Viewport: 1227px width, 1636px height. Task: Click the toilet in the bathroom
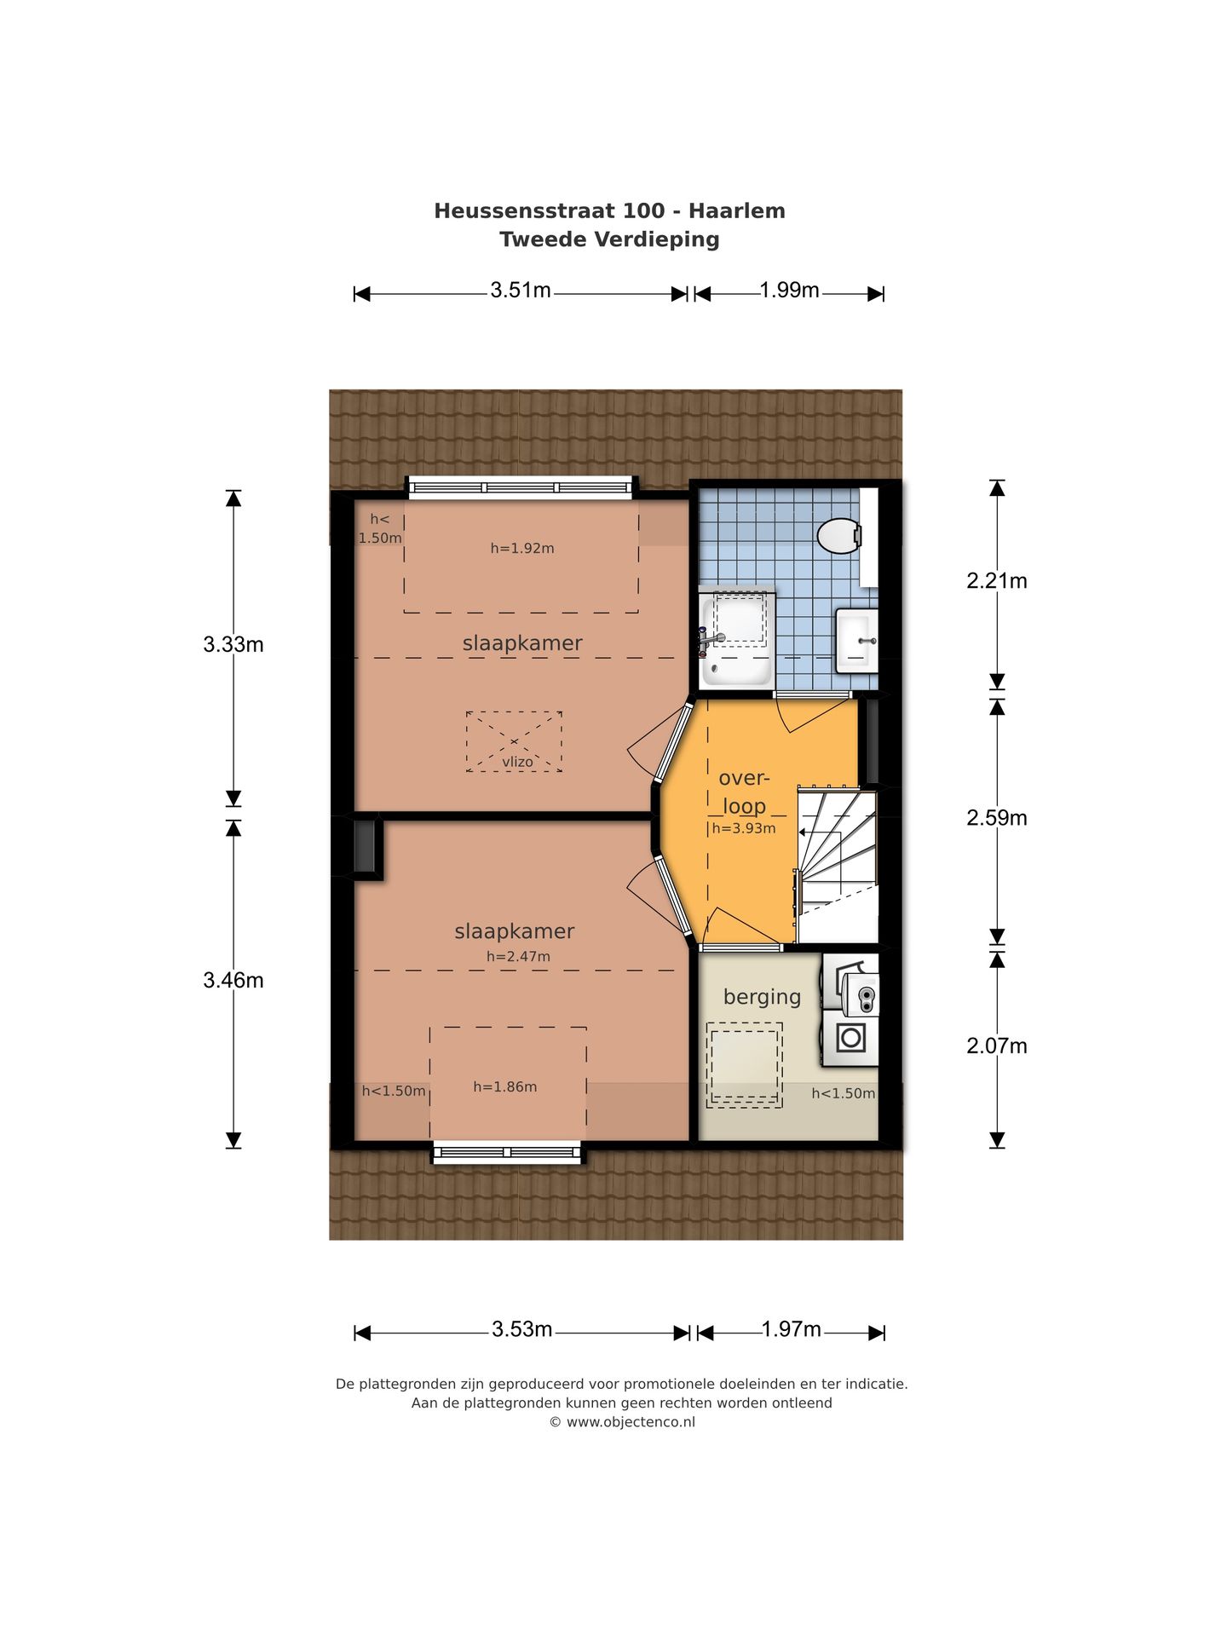tap(839, 536)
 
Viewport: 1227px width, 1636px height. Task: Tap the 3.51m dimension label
tap(521, 291)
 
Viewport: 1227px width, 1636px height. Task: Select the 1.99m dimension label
tap(790, 291)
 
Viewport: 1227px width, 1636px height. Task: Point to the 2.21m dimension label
tap(996, 581)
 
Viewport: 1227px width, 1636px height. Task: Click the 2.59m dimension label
tap(996, 818)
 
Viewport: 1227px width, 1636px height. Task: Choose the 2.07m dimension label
tap(996, 1046)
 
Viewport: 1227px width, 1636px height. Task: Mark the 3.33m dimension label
tap(233, 645)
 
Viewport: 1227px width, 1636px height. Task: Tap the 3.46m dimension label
tap(233, 981)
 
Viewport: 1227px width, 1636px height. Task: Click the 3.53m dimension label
tap(522, 1329)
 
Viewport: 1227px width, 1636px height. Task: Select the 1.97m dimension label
tap(792, 1329)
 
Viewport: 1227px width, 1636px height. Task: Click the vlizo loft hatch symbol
tap(514, 742)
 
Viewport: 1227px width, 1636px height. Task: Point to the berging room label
tap(762, 998)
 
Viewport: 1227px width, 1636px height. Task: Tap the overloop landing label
tap(744, 792)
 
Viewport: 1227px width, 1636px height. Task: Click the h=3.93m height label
tap(744, 828)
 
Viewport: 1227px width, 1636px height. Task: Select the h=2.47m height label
tap(518, 957)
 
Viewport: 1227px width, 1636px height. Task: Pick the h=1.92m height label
tap(522, 549)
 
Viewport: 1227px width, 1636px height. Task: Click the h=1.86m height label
tap(505, 1087)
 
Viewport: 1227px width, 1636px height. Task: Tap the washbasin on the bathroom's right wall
tap(856, 641)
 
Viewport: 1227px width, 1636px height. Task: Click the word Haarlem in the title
tap(737, 211)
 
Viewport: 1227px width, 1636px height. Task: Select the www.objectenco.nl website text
tap(631, 1422)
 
